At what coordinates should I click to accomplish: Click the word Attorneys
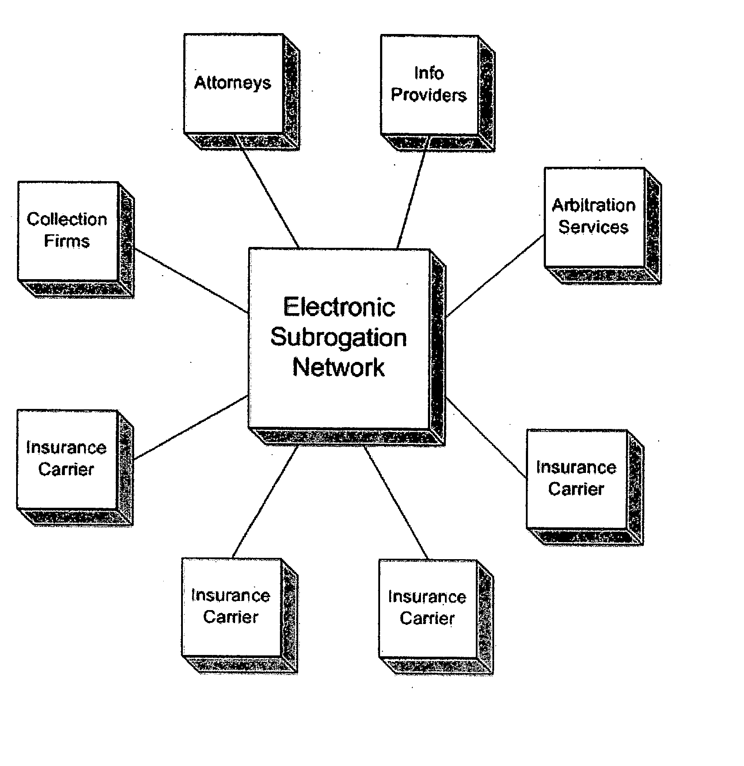tap(232, 83)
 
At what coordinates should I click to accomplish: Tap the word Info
tap(429, 73)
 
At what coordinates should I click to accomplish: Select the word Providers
tap(429, 95)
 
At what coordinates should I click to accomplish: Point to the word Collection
tap(67, 219)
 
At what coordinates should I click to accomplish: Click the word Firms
tap(67, 241)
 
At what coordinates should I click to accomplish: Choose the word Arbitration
tap(594, 205)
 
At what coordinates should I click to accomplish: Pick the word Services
tap(594, 227)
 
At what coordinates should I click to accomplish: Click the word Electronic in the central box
tap(339, 307)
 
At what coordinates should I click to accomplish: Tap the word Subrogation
tap(339, 338)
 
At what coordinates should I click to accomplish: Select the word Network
tap(339, 367)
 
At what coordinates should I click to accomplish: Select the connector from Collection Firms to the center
tap(191, 281)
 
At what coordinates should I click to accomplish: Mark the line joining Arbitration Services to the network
tap(495, 275)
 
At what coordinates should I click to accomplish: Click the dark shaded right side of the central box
tap(438, 348)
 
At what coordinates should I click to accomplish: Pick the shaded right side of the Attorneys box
tap(291, 93)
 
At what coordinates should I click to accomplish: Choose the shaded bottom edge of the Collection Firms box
tap(76, 289)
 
